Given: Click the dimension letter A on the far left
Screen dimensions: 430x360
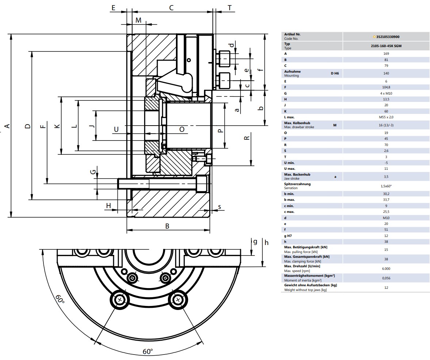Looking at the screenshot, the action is pos(7,126).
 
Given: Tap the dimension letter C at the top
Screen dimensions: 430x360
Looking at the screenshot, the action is pos(171,8).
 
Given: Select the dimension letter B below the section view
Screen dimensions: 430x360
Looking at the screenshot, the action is pos(167,226).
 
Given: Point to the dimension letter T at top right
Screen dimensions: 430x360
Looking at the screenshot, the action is pos(230,8).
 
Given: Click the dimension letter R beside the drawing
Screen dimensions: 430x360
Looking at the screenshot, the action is pos(246,138).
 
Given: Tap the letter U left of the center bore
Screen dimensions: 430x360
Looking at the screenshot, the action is pos(116,129).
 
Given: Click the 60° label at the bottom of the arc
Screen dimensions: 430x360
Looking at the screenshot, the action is pos(147,351).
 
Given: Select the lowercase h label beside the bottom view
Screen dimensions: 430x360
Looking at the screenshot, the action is pos(266,242).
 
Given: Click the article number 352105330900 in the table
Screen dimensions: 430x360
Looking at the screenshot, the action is pos(388,37).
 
